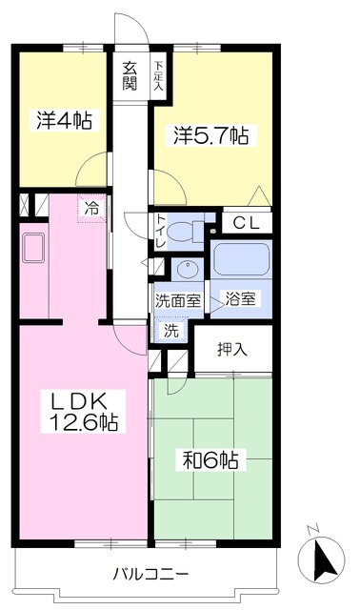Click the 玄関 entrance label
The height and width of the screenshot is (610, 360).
(130, 76)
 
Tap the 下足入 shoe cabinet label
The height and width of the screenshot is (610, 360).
(158, 76)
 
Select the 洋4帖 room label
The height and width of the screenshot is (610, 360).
(64, 120)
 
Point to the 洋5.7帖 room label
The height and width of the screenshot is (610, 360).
(210, 135)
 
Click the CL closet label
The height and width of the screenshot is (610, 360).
(246, 223)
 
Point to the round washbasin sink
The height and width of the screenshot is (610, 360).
(188, 269)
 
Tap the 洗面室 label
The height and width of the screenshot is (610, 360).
(178, 301)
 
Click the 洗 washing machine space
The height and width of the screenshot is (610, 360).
(170, 331)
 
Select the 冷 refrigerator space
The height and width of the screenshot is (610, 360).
(91, 209)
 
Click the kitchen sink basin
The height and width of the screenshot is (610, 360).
(34, 248)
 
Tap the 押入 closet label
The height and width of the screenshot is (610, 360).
(232, 350)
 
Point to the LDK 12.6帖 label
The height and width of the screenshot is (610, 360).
(83, 411)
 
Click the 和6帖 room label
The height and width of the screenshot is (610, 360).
(210, 459)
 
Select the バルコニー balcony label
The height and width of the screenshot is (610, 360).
(150, 574)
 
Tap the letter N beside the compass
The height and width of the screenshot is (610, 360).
(312, 528)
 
